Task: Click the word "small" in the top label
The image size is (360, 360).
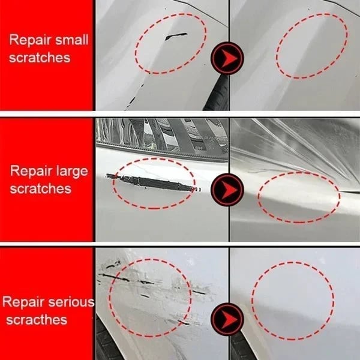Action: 72,41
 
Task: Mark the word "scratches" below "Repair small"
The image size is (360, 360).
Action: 40,58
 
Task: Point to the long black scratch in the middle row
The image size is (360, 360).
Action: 150,181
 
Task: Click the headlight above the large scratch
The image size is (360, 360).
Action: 156,135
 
